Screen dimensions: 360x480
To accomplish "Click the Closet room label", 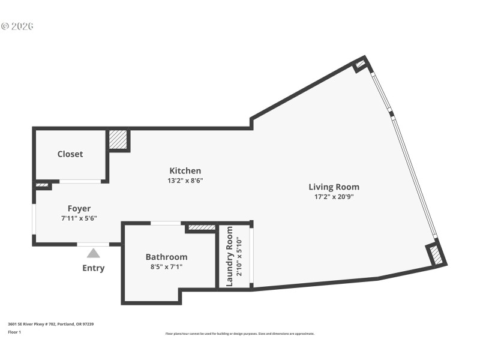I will (x=70, y=154).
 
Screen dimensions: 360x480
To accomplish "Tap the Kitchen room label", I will (x=185, y=171).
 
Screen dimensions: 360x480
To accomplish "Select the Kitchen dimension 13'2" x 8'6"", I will (x=185, y=181).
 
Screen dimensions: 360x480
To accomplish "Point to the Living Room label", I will (x=334, y=187).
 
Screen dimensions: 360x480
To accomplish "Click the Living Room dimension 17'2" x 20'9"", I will (x=334, y=196).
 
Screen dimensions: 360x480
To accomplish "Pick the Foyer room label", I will (x=79, y=209).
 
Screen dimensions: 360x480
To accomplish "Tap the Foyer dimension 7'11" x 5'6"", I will (x=79, y=218).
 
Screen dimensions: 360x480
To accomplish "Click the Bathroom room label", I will (x=166, y=257).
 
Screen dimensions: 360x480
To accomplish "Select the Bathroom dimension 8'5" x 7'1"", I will (x=166, y=266).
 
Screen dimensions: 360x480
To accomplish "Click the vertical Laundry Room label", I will (x=229, y=256).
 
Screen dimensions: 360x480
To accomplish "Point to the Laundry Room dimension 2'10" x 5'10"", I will (x=239, y=256).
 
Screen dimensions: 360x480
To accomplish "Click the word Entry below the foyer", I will (x=93, y=268).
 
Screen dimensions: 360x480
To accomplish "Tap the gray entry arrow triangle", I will (x=93, y=253).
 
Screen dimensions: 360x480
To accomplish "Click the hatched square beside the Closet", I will (x=118, y=140).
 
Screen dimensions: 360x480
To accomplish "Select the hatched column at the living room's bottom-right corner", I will (x=437, y=255).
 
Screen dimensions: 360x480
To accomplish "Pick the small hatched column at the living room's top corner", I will (x=360, y=65).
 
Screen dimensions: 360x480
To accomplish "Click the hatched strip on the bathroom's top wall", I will (x=201, y=227).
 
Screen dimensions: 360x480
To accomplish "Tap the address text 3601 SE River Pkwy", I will (x=50, y=324).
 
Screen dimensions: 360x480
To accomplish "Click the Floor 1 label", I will (x=14, y=332).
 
